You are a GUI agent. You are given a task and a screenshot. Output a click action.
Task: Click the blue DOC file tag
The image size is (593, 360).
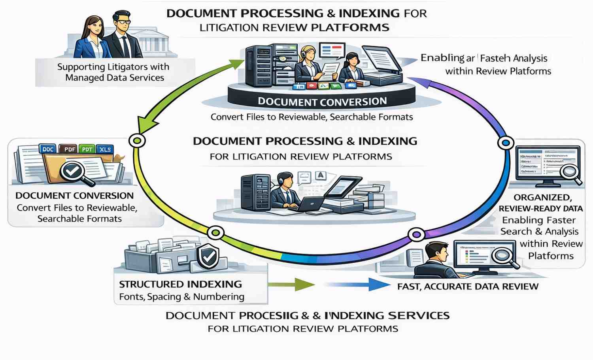click(x=48, y=149)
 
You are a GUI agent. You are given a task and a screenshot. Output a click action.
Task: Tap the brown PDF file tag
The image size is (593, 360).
click(x=69, y=149)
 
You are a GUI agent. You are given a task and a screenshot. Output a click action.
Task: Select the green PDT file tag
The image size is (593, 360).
click(x=87, y=149)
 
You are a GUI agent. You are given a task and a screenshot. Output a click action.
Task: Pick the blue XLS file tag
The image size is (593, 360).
click(x=105, y=149)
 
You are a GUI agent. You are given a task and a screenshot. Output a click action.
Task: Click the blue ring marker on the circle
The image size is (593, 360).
click(x=505, y=143)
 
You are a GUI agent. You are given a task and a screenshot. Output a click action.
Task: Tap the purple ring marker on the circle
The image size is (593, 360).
click(x=416, y=235)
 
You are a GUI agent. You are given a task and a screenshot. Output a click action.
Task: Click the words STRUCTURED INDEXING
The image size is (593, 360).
click(x=180, y=284)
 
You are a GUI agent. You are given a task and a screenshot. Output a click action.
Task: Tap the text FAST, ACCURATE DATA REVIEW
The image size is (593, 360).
click(x=468, y=286)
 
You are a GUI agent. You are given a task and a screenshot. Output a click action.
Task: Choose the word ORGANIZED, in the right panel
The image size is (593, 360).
click(x=542, y=197)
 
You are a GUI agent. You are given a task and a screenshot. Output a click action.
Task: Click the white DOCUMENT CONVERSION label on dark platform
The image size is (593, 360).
click(x=322, y=102)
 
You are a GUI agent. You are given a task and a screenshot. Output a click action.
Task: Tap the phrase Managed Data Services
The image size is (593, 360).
click(x=115, y=77)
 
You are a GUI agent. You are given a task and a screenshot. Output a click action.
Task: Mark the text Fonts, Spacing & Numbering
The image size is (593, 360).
click(x=181, y=297)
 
